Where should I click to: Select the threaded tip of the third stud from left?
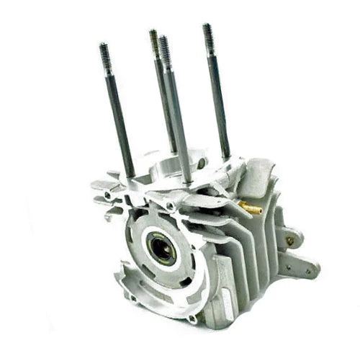[164, 46]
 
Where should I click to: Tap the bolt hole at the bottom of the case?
[192, 318]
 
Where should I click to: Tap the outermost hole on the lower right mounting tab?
[311, 272]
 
